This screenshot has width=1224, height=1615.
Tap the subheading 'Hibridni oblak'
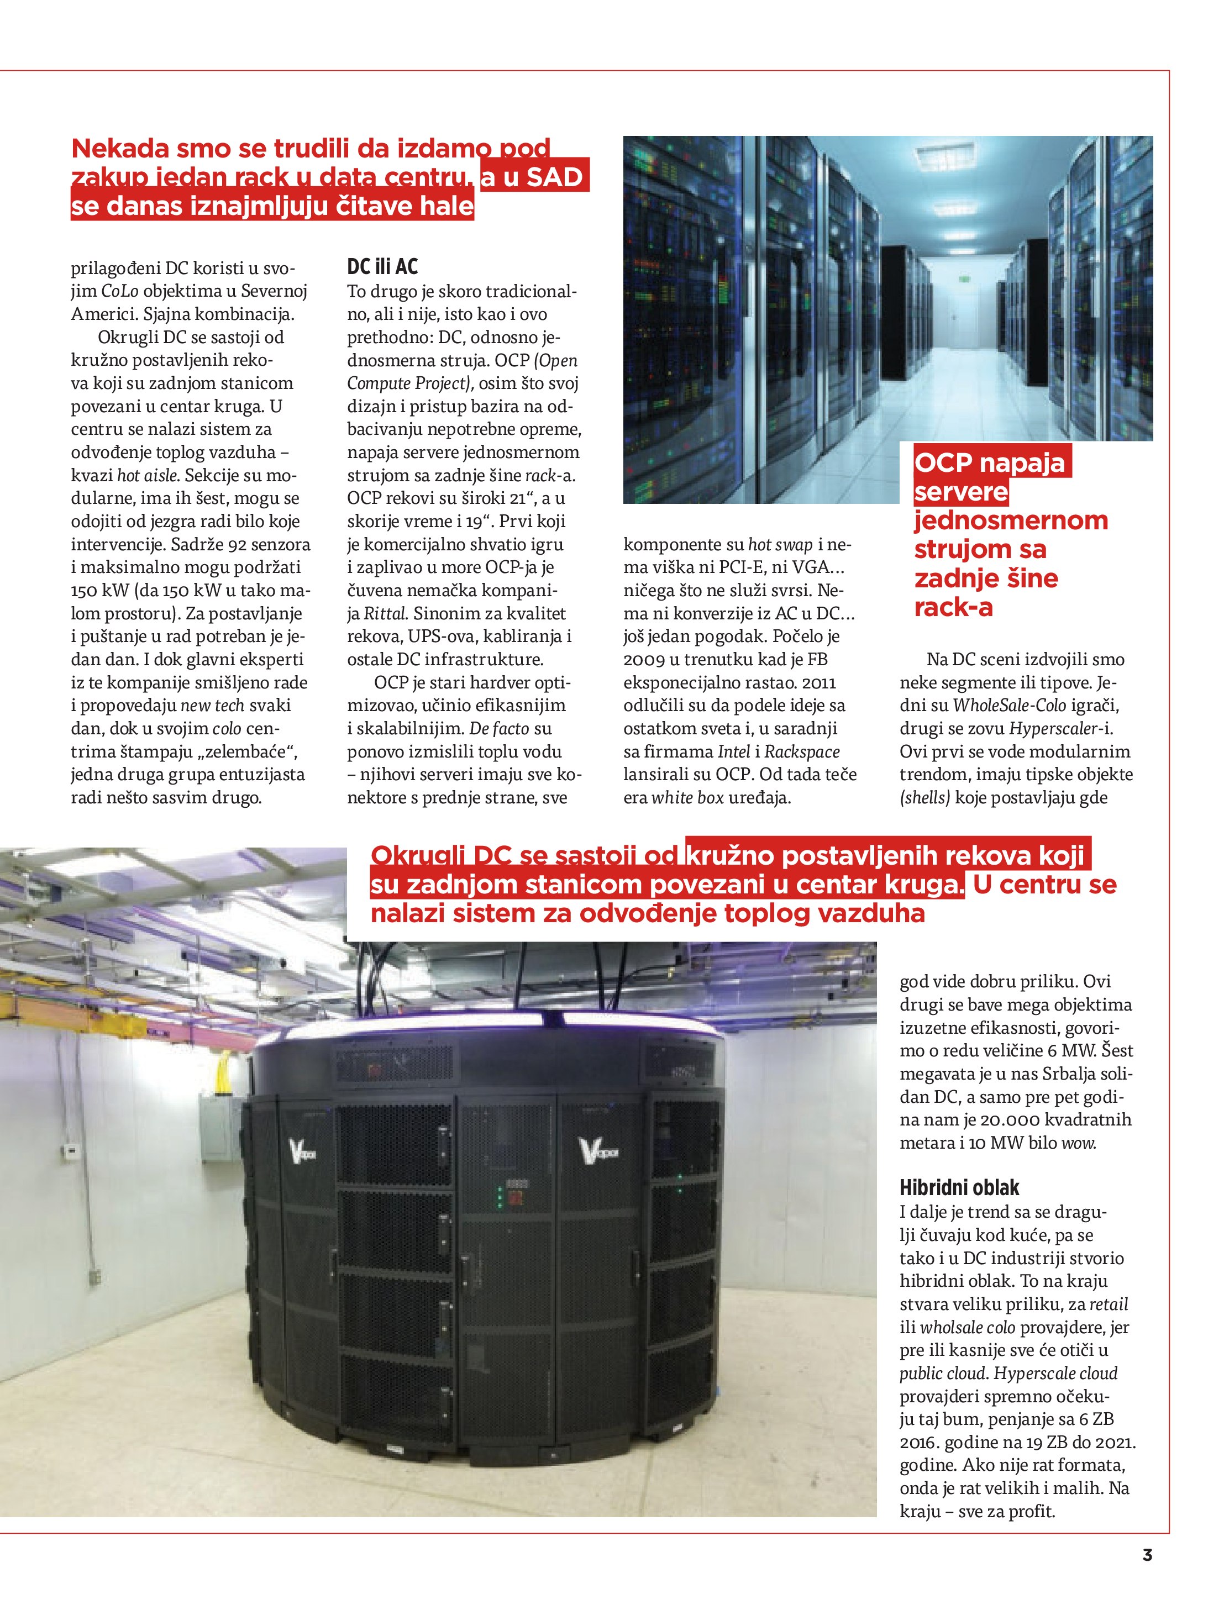point(959,1187)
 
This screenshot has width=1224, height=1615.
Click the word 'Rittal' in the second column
point(384,613)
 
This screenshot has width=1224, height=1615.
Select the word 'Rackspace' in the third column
point(802,751)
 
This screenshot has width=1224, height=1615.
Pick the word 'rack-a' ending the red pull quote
point(953,607)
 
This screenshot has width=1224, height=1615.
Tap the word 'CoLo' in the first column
point(119,291)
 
